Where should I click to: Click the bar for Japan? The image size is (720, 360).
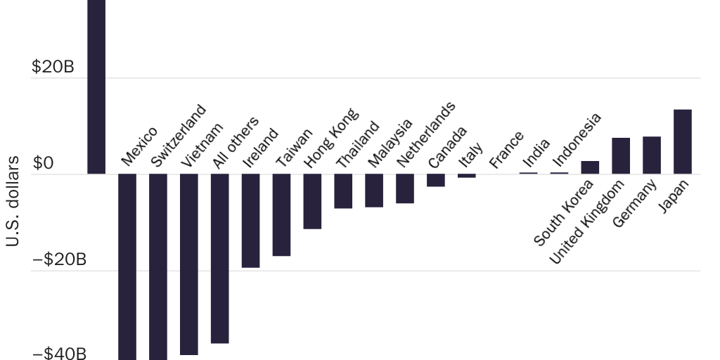(682, 141)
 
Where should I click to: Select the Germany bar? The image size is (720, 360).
(651, 155)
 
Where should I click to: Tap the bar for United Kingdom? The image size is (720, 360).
(620, 155)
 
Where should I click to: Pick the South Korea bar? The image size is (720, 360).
(590, 167)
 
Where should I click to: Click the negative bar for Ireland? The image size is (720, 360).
(250, 220)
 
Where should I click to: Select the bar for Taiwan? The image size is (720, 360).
(281, 214)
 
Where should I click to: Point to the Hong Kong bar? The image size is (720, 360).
(312, 201)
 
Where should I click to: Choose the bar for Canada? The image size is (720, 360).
(436, 180)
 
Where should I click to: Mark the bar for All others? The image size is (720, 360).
(219, 258)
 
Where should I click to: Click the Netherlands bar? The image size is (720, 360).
(405, 188)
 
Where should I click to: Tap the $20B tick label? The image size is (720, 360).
(53, 67)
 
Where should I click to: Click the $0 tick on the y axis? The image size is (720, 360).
(43, 164)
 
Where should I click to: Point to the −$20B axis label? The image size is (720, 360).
(60, 260)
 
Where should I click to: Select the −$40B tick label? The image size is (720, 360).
(60, 353)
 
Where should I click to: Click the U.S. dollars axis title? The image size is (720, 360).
(12, 211)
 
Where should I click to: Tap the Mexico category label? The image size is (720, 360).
(139, 146)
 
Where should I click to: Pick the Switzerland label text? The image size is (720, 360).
(179, 135)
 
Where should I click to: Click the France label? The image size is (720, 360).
(507, 150)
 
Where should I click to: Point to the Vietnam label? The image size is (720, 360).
(202, 144)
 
